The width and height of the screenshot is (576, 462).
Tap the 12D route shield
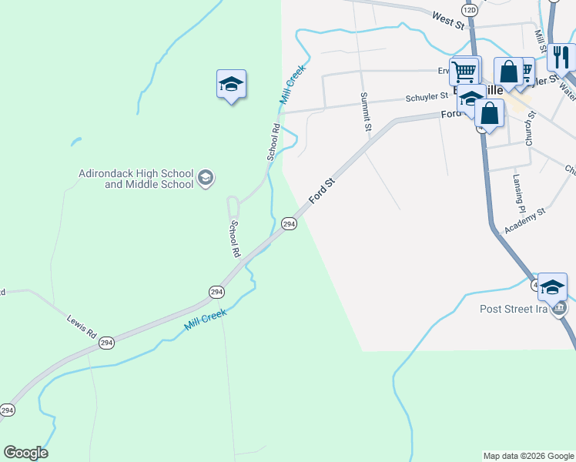[470, 9]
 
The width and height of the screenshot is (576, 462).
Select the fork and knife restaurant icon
[561, 57]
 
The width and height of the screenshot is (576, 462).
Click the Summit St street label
[367, 112]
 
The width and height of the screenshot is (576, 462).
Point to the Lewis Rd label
[81, 326]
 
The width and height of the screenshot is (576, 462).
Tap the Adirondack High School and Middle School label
[136, 179]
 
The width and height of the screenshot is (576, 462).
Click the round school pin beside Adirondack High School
[206, 179]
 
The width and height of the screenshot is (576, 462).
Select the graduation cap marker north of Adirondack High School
[231, 84]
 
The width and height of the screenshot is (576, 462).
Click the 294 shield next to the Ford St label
[289, 223]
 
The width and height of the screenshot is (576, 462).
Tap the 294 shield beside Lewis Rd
[106, 342]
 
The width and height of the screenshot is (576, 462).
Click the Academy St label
[524, 221]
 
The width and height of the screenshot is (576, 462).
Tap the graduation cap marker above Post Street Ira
[552, 288]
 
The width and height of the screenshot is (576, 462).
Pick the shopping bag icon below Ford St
[489, 113]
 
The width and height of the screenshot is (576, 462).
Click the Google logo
[25, 453]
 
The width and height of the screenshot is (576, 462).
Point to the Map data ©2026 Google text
[528, 456]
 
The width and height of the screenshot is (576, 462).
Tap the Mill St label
[539, 35]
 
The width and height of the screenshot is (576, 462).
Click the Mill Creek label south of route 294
[205, 320]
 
